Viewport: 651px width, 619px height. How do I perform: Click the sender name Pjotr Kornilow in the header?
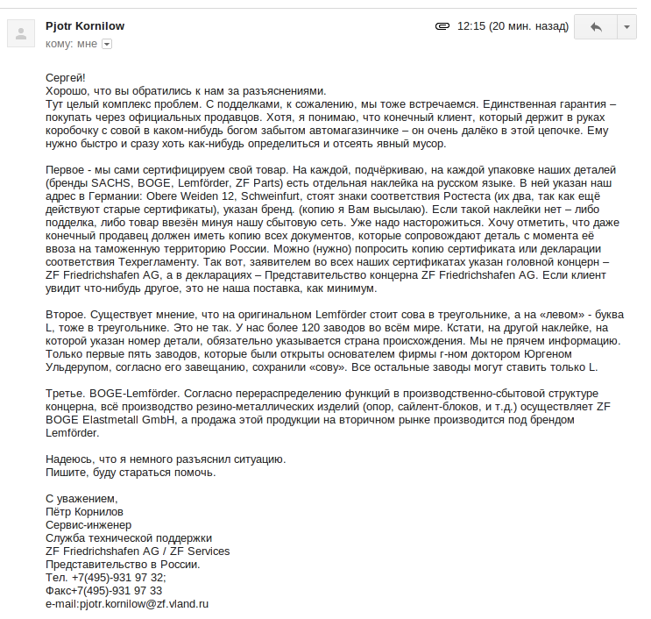click(85, 26)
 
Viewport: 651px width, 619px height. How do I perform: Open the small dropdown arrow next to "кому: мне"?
click(107, 43)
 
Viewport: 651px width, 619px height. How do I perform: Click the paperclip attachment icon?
click(442, 27)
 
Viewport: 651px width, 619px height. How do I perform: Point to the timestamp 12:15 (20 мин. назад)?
click(513, 27)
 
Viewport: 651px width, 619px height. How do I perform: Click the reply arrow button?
click(596, 27)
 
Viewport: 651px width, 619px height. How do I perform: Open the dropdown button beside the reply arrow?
click(626, 27)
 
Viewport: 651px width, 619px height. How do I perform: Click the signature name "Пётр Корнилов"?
click(85, 510)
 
